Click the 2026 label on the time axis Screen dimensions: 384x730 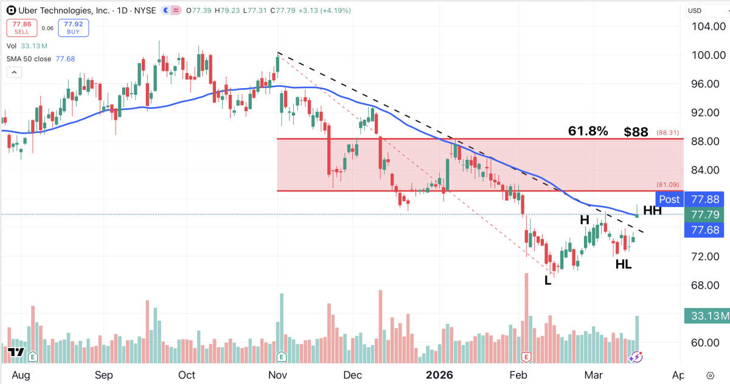(x=439, y=375)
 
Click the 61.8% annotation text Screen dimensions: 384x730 (x=588, y=131)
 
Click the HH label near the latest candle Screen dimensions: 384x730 (x=652, y=210)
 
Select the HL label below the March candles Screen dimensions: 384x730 (x=624, y=264)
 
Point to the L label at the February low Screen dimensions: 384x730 (x=548, y=281)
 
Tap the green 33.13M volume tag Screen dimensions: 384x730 (x=706, y=315)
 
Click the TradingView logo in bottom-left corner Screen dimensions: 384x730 (x=15, y=352)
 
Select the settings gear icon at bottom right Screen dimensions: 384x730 (x=710, y=375)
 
